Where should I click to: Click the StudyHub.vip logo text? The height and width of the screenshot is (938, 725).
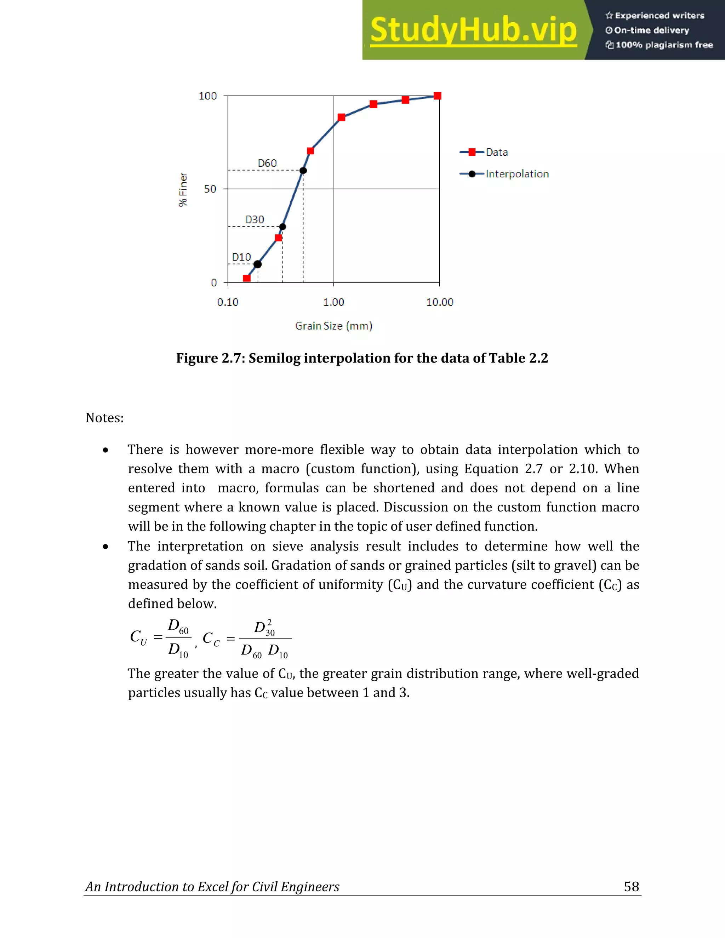coord(473,30)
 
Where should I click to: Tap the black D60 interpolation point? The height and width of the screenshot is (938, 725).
coord(303,171)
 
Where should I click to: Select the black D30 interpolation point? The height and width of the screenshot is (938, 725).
coord(282,227)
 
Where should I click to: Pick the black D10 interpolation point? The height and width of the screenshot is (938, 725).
coord(257,264)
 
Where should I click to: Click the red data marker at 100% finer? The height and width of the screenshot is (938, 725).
coord(437,96)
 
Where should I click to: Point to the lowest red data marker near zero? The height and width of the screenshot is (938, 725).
coord(246,278)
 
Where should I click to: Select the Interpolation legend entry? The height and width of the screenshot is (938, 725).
coord(517,174)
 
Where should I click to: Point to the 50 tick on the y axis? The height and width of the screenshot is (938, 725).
coord(210,189)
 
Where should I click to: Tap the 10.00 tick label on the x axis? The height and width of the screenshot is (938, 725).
coord(439,302)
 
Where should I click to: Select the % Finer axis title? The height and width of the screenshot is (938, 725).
coord(183,189)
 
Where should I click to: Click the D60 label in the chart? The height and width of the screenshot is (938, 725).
coord(267,163)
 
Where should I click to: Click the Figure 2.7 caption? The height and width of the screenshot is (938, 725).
coord(362,358)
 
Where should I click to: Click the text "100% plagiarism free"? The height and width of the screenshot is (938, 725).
coord(664,45)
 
